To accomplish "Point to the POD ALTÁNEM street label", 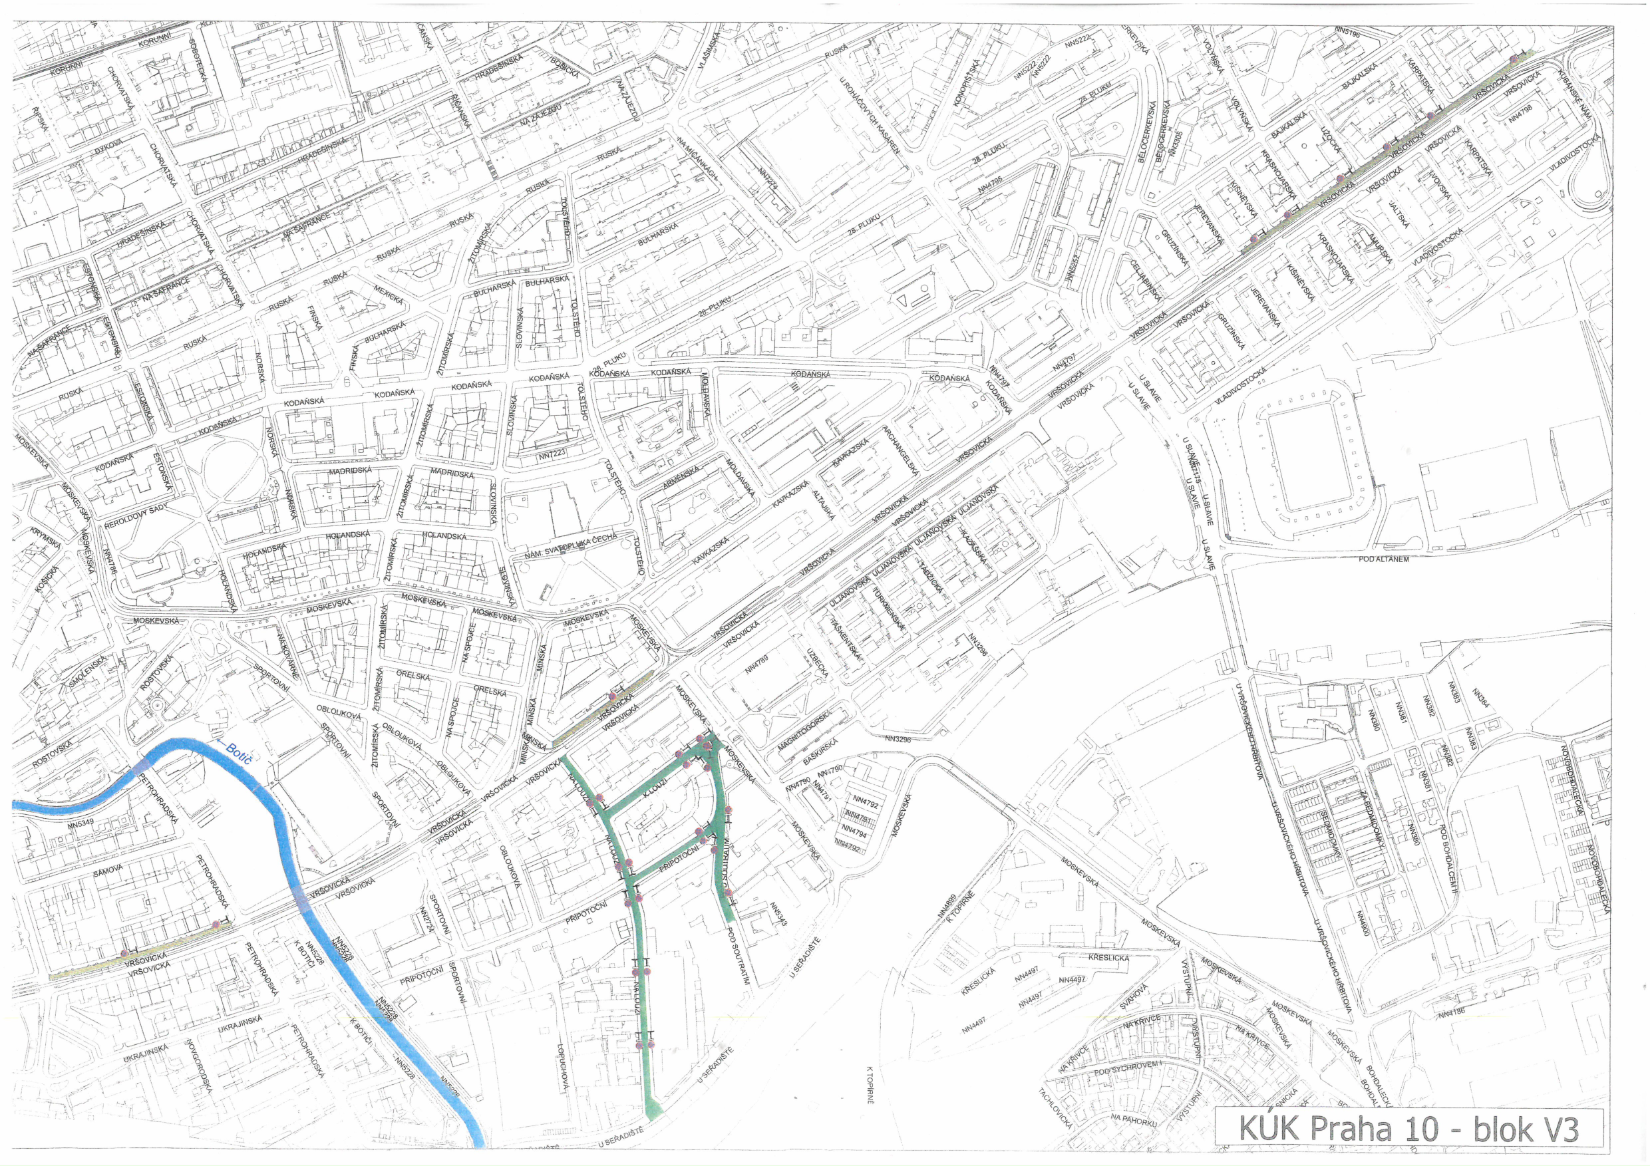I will pos(1383,558).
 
